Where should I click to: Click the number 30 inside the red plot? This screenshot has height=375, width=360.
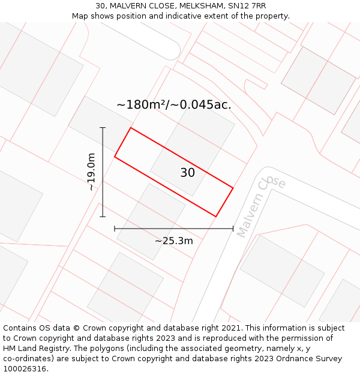click(x=188, y=173)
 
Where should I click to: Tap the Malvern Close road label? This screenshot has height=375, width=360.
click(x=261, y=206)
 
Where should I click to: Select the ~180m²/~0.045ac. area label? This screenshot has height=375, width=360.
click(x=173, y=105)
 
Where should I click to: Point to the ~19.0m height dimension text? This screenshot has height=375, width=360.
click(x=91, y=172)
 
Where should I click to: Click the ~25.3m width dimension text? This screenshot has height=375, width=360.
click(x=174, y=241)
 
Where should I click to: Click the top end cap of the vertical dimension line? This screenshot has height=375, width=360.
click(x=103, y=128)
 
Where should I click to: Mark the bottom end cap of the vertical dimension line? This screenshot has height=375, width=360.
click(x=103, y=217)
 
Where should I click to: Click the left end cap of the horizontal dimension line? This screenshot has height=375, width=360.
click(x=115, y=229)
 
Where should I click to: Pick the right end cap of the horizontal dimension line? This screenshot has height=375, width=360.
click(x=233, y=229)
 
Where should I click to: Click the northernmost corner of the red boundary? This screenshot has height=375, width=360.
click(x=131, y=128)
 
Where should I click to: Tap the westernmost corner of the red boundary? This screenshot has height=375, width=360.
click(x=115, y=157)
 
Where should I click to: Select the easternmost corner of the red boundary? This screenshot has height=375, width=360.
click(x=233, y=188)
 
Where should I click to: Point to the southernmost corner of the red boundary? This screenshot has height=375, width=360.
click(x=215, y=216)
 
